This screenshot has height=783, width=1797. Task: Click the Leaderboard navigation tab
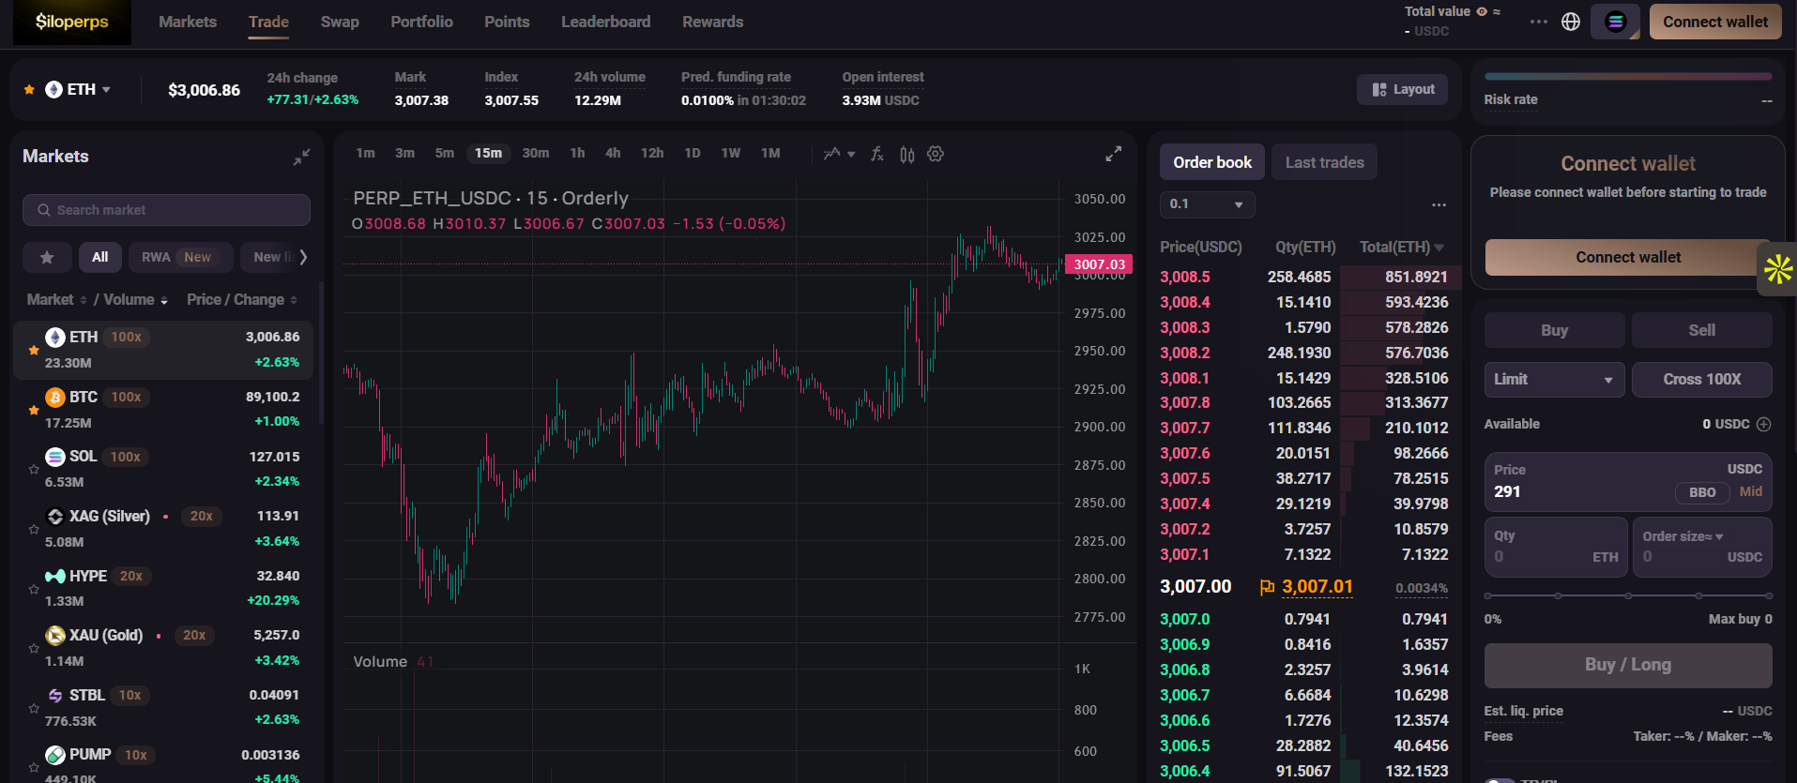[605, 22]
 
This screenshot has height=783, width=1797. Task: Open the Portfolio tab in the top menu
[421, 22]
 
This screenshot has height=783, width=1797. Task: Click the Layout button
[1403, 89]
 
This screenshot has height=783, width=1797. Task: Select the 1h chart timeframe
[577, 153]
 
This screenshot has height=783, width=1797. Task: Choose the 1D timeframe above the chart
[693, 153]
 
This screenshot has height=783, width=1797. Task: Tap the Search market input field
[166, 210]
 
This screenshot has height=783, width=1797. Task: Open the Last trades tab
[1324, 162]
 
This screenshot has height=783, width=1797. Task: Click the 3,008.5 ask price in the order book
[1185, 277]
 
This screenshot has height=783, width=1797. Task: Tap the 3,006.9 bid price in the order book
[1185, 644]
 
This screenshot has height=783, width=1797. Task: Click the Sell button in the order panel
[1701, 330]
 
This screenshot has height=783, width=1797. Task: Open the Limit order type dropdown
[1553, 379]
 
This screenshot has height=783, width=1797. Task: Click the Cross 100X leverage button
[1701, 379]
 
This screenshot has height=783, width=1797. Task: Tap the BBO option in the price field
[1702, 492]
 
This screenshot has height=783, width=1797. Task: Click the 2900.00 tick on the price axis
[1099, 427]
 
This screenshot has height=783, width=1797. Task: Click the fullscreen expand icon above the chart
[1113, 154]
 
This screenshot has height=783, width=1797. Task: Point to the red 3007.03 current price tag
[1099, 264]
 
